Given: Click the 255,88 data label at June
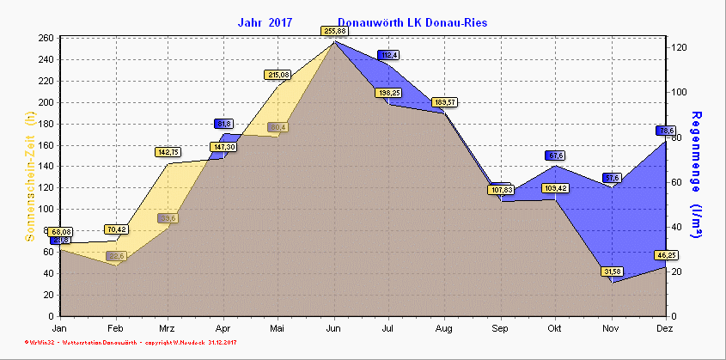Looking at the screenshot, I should point(334,31).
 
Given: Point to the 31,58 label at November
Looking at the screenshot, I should point(611,272).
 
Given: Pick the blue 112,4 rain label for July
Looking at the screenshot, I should point(389,56).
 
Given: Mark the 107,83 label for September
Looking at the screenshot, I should point(500,189).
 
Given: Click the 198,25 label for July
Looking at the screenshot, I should point(389,93).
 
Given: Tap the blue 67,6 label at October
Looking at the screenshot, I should point(555,156).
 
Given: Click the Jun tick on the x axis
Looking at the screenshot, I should point(334,328).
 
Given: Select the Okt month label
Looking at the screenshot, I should point(555,328).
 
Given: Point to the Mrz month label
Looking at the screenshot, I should point(168,328).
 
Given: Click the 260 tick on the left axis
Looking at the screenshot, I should point(45,39).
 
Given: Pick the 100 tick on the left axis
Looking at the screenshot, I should point(45,209).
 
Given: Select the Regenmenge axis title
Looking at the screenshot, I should point(697,176).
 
